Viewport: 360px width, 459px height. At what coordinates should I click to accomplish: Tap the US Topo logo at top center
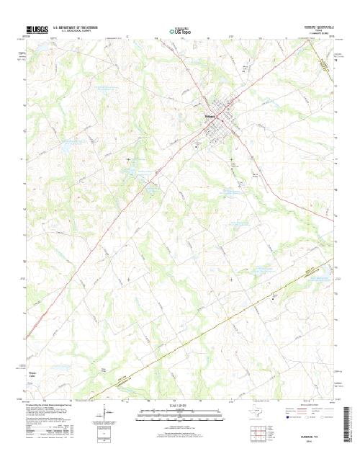pos(180,31)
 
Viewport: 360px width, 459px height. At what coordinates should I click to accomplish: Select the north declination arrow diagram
pos(109,414)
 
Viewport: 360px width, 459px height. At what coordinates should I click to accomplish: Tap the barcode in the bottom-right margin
pos(352,425)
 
